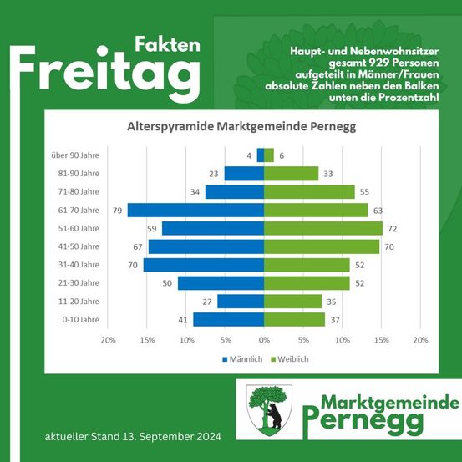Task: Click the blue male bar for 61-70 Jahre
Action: tap(195, 210)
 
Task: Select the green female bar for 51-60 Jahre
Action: tap(323, 228)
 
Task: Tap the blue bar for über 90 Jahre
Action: tap(261, 155)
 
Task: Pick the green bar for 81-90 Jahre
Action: tap(292, 174)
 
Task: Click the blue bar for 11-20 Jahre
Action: tap(241, 301)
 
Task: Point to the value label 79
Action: tap(117, 211)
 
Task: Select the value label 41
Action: tap(183, 319)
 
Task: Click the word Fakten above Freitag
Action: tap(167, 44)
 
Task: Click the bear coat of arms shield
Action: tap(269, 409)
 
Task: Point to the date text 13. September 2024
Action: tap(170, 437)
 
